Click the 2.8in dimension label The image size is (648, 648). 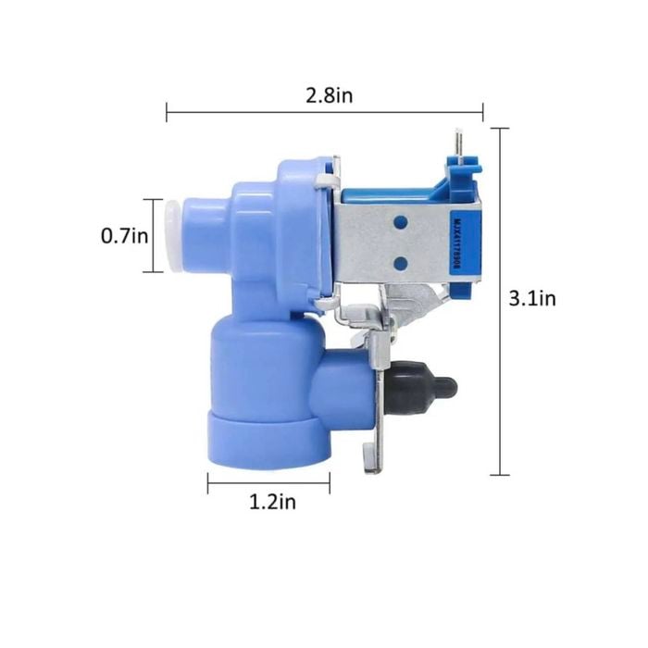tap(330, 96)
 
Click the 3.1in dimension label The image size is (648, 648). tap(532, 298)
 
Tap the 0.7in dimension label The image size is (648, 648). tap(124, 236)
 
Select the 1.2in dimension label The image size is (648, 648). tap(273, 502)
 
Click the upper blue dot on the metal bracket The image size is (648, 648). tap(401, 223)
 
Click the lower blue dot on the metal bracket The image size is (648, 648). tap(401, 263)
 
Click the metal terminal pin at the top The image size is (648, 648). tap(459, 143)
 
